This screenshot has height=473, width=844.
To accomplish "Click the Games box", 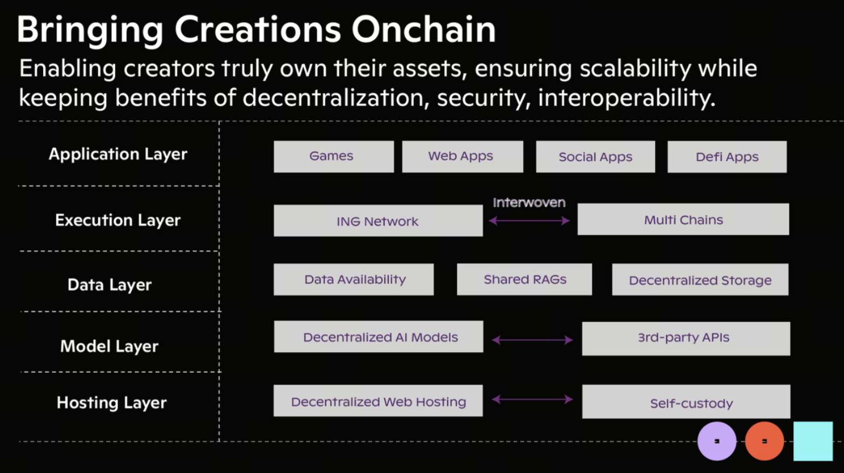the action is [x=334, y=156].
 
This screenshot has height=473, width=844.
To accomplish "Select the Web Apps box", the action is [x=463, y=156].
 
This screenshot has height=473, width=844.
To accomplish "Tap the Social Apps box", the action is [x=595, y=156].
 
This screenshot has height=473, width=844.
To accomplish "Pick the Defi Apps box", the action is [x=727, y=156].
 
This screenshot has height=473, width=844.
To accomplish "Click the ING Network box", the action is [x=378, y=221].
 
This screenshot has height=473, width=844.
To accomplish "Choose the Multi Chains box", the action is [x=683, y=220].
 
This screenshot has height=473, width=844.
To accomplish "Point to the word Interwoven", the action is [x=529, y=203].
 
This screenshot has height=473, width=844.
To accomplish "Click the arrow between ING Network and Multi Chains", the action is [x=529, y=221].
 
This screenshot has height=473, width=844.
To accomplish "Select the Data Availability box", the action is [x=354, y=279].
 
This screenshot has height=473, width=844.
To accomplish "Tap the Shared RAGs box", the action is [x=525, y=279].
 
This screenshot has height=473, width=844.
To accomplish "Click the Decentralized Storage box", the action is [x=700, y=279].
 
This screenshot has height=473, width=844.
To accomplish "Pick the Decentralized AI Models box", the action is [x=379, y=336].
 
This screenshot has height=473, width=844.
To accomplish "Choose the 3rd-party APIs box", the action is [x=686, y=339].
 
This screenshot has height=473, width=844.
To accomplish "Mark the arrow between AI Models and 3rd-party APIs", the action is [x=532, y=340].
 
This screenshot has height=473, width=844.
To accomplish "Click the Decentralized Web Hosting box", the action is [x=378, y=401].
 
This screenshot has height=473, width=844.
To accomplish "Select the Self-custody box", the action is [x=686, y=401].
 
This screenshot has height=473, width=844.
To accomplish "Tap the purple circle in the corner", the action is [x=717, y=441].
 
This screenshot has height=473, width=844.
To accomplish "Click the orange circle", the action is [x=765, y=441].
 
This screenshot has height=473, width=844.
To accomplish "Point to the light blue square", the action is [x=813, y=441].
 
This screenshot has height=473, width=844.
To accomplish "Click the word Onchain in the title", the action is [x=424, y=29].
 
